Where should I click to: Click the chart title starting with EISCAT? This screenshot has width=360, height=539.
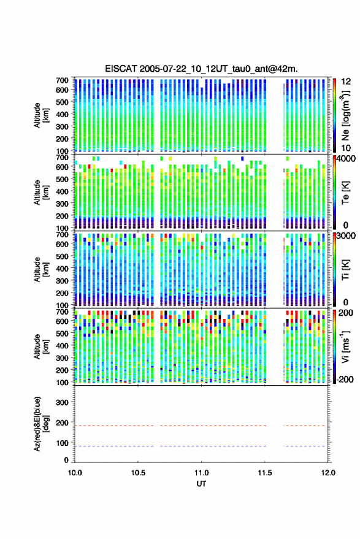click(x=202, y=69)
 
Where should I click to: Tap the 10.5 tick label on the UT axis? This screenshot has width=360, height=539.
click(x=138, y=473)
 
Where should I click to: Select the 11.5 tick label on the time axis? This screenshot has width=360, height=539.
click(x=264, y=473)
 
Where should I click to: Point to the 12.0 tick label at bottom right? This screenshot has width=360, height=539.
click(x=328, y=473)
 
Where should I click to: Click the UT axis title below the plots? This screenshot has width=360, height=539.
click(x=201, y=484)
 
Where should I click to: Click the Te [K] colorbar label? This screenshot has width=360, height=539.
click(x=345, y=193)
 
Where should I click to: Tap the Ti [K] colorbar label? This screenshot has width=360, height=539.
click(x=345, y=270)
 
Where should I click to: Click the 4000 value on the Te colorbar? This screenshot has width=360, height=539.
click(x=346, y=159)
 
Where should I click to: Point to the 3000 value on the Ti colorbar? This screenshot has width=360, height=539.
click(x=346, y=236)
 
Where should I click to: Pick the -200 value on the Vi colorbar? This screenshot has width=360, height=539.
click(x=345, y=380)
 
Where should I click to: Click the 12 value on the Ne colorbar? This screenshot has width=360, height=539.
click(x=346, y=82)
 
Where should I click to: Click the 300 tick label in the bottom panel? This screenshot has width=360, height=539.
click(x=62, y=402)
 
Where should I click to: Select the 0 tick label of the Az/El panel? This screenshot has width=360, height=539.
click(x=66, y=460)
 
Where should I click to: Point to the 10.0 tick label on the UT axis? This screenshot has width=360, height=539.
click(x=75, y=473)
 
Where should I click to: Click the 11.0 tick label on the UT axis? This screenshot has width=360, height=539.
click(x=201, y=473)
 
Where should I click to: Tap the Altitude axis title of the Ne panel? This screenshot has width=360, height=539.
click(x=42, y=115)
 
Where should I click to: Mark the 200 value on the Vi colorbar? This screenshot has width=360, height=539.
click(x=346, y=313)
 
